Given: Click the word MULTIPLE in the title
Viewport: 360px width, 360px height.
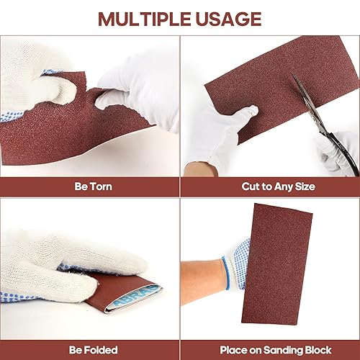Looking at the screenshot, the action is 145,19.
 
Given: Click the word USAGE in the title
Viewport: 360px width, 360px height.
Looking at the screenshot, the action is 228,19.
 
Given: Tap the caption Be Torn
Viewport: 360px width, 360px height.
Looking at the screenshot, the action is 93,186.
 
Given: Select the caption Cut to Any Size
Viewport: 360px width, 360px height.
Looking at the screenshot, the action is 278,186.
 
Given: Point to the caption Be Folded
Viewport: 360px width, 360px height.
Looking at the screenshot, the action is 94,350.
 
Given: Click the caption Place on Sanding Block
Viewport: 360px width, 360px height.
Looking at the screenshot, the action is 276,350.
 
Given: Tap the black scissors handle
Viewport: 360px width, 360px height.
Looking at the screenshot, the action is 340,153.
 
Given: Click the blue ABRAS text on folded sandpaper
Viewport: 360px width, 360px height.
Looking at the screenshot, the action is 135,297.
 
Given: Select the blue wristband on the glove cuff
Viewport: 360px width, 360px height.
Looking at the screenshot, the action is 226,273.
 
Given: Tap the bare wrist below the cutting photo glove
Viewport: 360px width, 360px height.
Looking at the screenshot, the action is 201,168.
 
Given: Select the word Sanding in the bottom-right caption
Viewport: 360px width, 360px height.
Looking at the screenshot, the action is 279,351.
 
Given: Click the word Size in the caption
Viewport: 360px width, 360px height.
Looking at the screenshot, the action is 305,186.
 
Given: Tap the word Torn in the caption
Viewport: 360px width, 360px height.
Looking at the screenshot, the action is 101,186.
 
